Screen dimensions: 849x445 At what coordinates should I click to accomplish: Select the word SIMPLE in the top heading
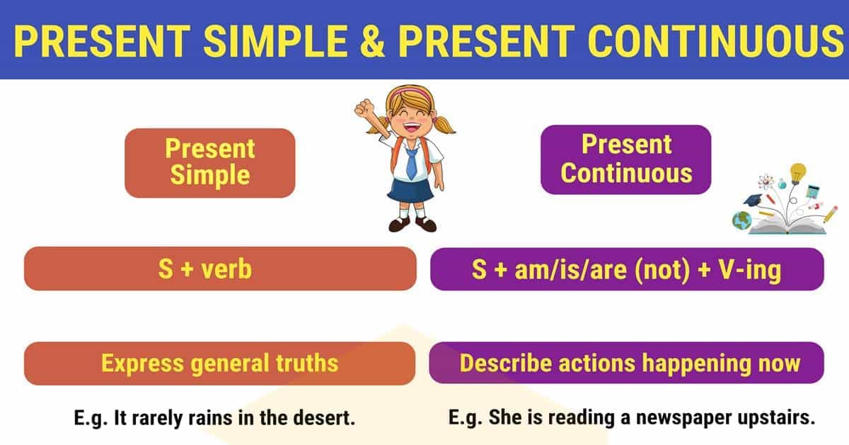pos(275,40)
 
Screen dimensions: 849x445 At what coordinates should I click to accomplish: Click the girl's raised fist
pos(364,108)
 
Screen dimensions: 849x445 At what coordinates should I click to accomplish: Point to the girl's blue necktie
pos(411,163)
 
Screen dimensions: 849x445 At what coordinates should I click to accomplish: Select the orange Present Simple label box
pos(210,163)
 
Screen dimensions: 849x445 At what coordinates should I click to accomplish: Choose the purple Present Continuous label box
pos(625,159)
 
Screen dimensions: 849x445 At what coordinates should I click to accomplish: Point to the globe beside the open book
pos(741,220)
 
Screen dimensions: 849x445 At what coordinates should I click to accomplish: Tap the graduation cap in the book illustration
pos(752,199)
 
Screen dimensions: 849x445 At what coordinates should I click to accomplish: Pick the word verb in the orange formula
pos(226,269)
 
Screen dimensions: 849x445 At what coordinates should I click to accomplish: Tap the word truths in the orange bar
pos(306,363)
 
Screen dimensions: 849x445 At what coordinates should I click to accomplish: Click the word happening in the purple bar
pos(696,364)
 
